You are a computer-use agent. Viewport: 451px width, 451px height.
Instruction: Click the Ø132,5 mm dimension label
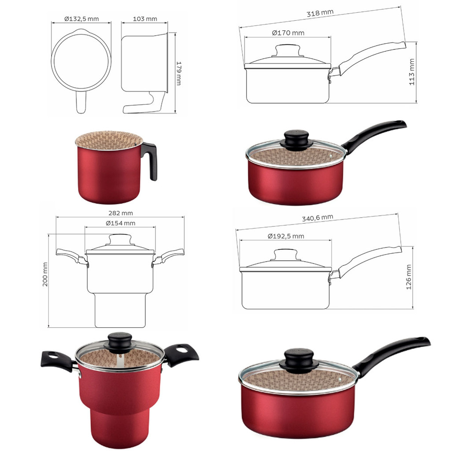click(81, 19)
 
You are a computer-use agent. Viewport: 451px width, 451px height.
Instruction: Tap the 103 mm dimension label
click(145, 19)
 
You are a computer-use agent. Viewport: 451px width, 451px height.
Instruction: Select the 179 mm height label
click(178, 73)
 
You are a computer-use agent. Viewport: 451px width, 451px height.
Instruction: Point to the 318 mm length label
click(320, 13)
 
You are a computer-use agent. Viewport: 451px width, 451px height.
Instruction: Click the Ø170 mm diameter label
click(288, 33)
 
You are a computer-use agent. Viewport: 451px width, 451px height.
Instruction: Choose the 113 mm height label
click(412, 72)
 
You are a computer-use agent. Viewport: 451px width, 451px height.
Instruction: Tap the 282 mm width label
click(121, 213)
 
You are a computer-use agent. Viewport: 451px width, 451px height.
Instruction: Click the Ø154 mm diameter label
click(120, 223)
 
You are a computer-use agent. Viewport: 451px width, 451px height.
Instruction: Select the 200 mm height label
click(45, 274)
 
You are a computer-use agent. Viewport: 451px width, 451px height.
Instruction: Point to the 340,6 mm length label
click(318, 218)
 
